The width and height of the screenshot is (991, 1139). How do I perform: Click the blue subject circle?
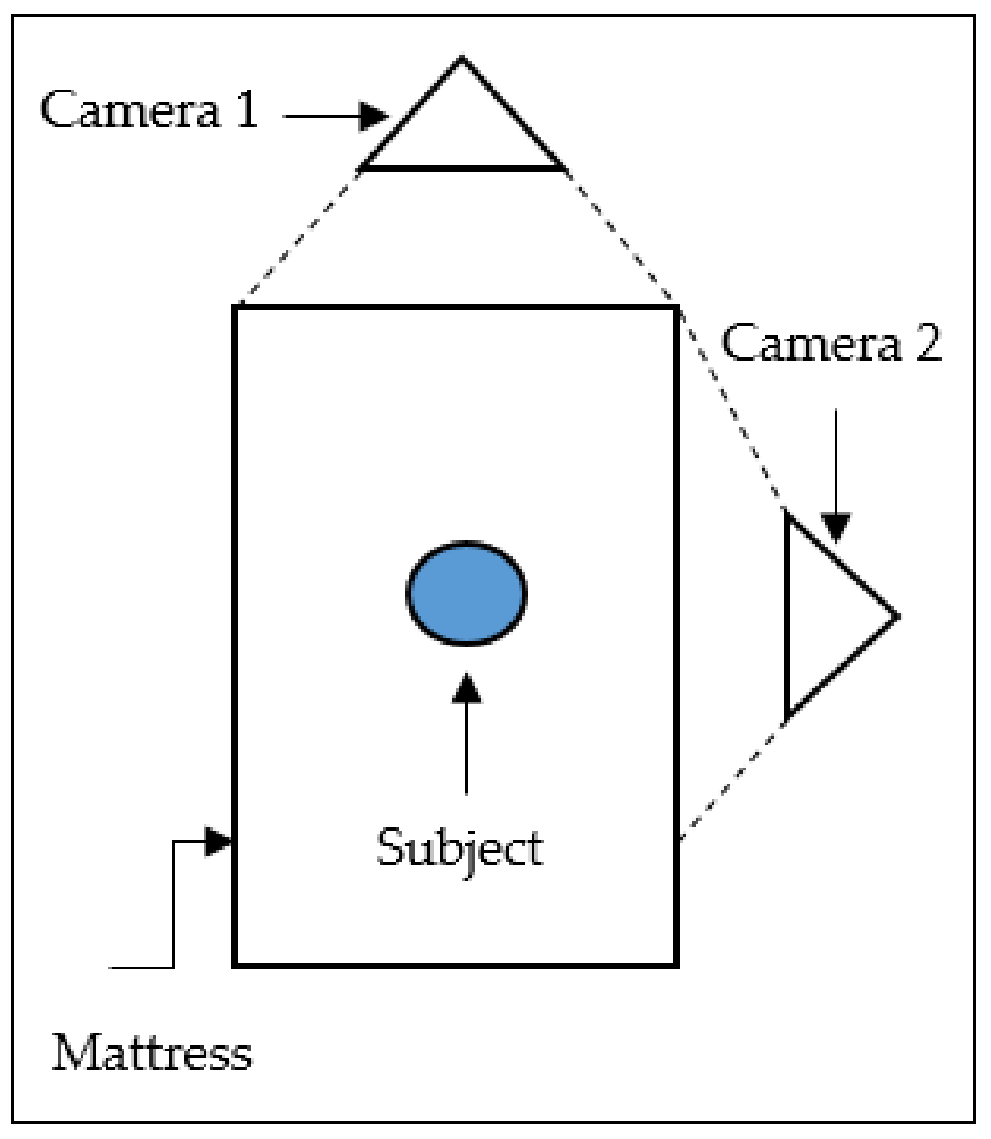pos(466,593)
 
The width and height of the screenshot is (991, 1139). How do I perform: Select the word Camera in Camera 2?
pos(810,343)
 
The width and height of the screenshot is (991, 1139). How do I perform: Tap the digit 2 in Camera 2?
pos(928,343)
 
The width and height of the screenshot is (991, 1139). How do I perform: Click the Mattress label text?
pos(151,1054)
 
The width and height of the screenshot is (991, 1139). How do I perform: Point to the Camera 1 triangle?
pos(463,132)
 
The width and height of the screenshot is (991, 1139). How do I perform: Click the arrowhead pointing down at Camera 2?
pos(836,526)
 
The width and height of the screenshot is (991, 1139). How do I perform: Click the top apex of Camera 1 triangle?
pos(462,60)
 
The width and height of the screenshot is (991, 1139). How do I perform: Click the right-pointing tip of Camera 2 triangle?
pos(896,616)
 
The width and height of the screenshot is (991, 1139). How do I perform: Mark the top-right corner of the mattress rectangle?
pos(676,307)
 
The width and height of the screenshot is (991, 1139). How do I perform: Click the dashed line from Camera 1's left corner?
pos(299,236)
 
